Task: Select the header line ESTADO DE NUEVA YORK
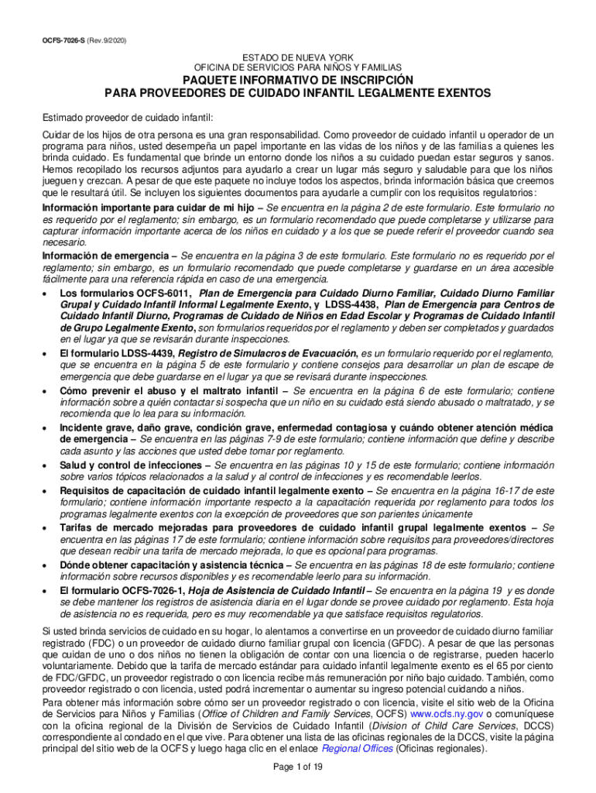point(297,58)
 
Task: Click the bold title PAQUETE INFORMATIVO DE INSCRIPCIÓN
point(297,81)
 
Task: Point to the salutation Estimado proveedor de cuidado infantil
point(126,118)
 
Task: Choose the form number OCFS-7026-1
point(148,590)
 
